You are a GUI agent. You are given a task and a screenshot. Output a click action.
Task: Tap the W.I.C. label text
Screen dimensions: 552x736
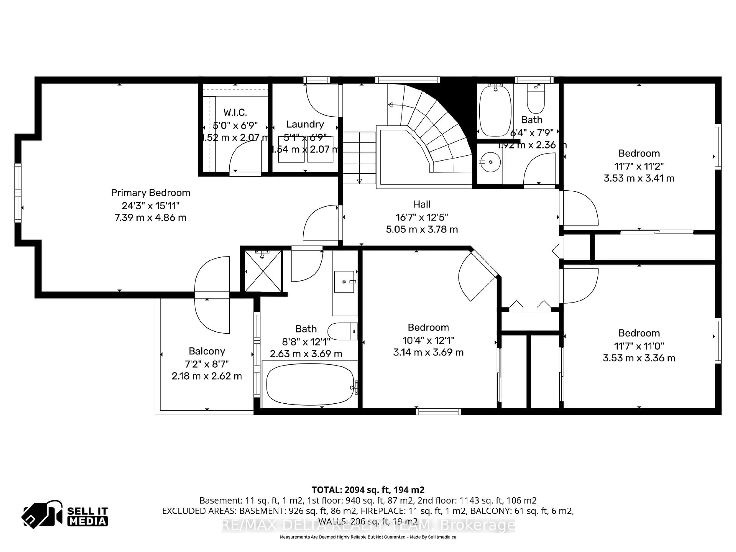pyautogui.click(x=235, y=113)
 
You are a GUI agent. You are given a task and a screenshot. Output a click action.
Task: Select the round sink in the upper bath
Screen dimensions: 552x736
pyautogui.click(x=490, y=162)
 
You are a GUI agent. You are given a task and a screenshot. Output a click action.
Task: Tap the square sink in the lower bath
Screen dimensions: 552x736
pyautogui.click(x=344, y=282)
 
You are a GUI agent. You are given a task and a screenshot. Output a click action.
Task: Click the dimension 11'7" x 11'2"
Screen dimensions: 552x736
pyautogui.click(x=639, y=166)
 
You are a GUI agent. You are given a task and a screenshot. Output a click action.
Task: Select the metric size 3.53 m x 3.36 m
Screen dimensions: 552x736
pyautogui.click(x=639, y=358)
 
